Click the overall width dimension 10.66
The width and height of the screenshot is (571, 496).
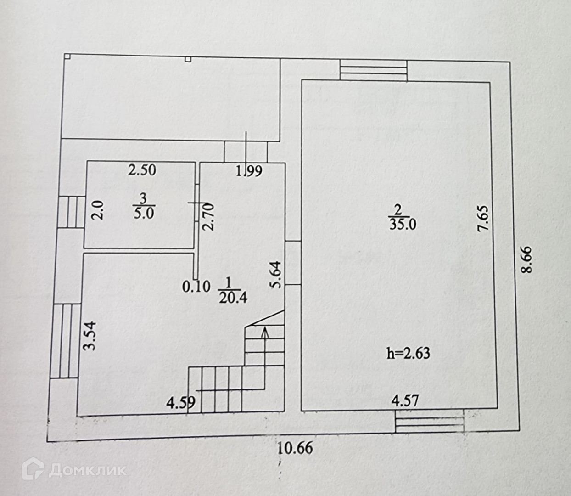coord(296,447)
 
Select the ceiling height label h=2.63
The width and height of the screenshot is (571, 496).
coord(409,353)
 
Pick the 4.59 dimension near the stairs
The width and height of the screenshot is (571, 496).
coord(181,403)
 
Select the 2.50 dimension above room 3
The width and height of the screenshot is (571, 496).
coord(142,170)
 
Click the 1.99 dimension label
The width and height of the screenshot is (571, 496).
coord(249,171)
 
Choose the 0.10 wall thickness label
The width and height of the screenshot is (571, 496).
coord(196,287)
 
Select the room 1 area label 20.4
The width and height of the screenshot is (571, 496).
coord(233,297)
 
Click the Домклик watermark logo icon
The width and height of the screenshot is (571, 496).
coord(34,469)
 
